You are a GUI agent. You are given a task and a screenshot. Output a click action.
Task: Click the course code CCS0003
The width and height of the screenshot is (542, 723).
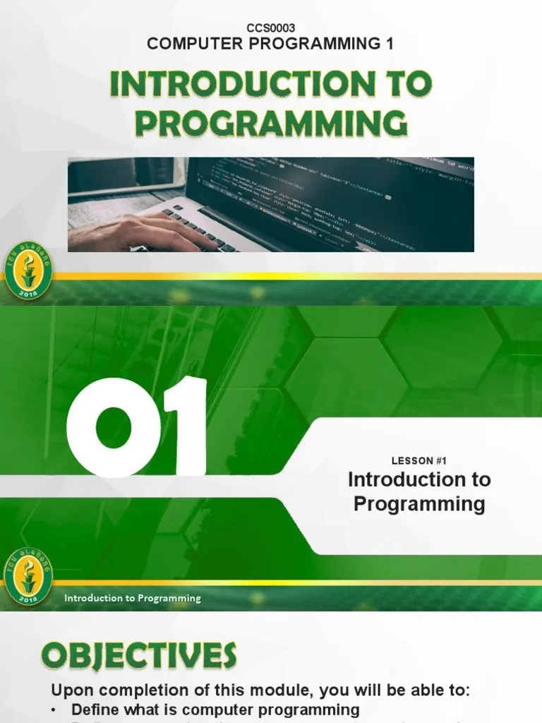pyautogui.click(x=270, y=28)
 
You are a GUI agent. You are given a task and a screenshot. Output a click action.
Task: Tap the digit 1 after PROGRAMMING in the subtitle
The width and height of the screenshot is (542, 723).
pyautogui.click(x=389, y=44)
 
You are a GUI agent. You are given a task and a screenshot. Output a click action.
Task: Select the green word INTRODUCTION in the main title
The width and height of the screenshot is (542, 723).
pyautogui.click(x=233, y=85)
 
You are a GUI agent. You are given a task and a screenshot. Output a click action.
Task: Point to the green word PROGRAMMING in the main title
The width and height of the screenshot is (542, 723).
pyautogui.click(x=271, y=123)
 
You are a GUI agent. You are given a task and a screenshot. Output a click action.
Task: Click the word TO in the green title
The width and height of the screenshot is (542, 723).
pyautogui.click(x=405, y=85)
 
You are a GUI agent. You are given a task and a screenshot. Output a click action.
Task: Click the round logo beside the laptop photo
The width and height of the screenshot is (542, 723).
pyautogui.click(x=28, y=271)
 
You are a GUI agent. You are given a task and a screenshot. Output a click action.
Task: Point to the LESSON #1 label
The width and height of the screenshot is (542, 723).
pyautogui.click(x=419, y=461)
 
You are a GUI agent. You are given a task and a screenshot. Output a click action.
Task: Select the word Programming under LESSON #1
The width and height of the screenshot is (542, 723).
pyautogui.click(x=419, y=504)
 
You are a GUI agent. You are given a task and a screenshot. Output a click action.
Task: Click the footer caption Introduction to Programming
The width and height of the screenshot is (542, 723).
pyautogui.click(x=133, y=599)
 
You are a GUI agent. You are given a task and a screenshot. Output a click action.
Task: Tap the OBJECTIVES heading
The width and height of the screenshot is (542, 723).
pyautogui.click(x=139, y=657)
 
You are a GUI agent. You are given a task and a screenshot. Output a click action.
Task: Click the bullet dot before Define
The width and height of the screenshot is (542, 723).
pyautogui.click(x=56, y=710)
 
